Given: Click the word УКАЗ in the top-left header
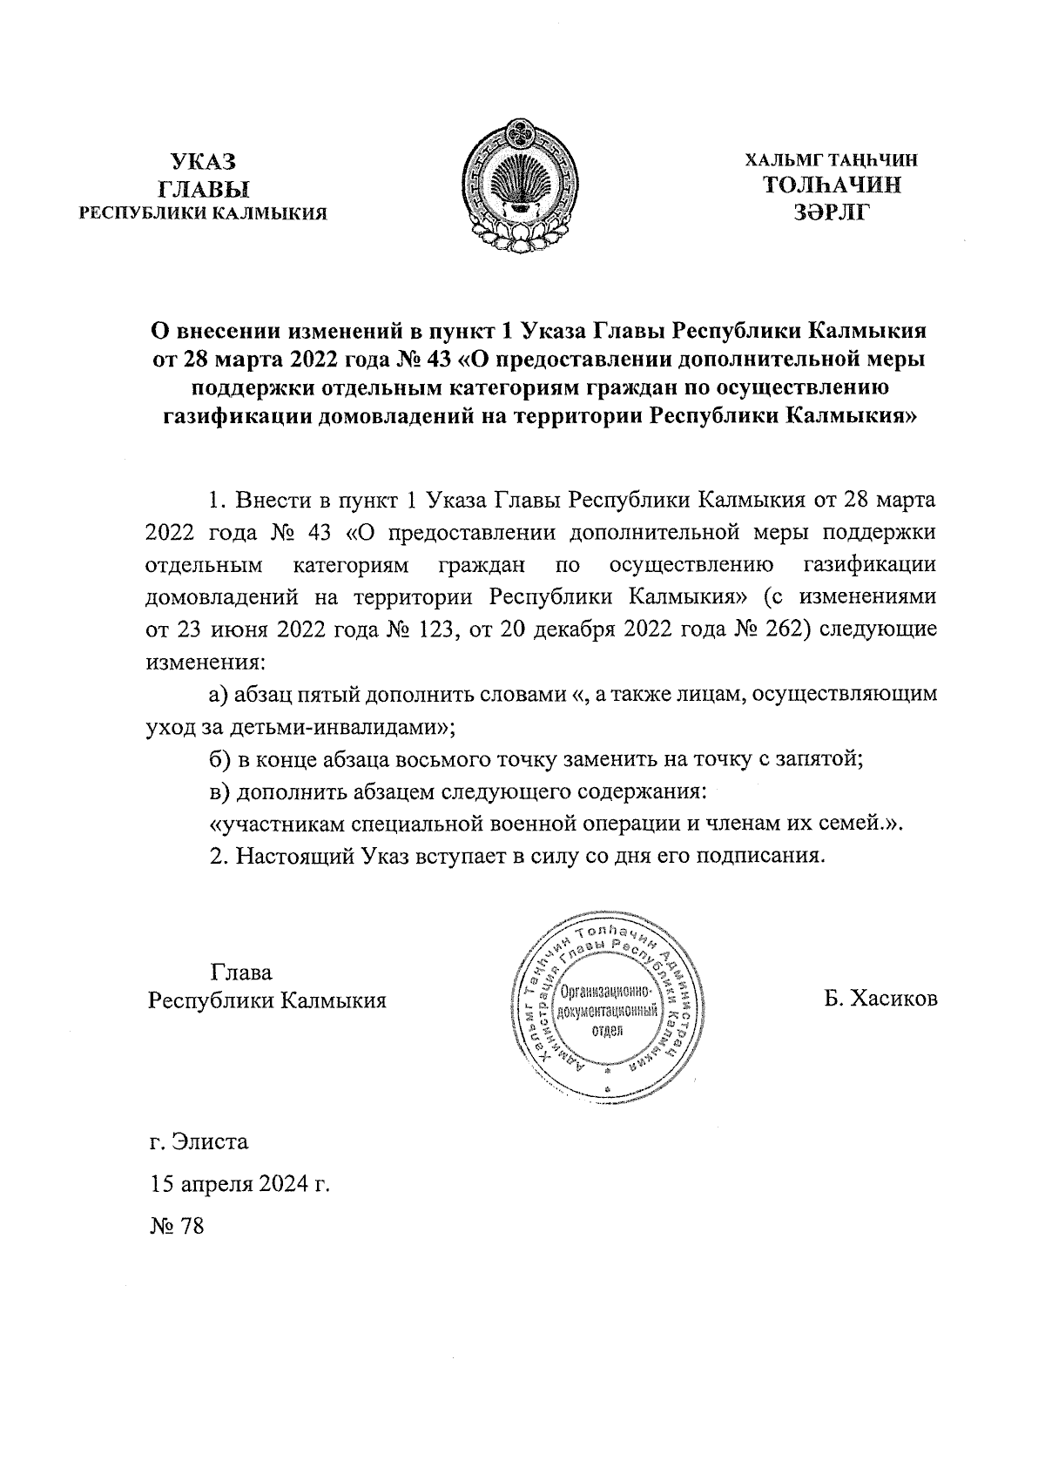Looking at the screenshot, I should pos(203,161).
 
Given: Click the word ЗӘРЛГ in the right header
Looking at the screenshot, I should pos(832,212).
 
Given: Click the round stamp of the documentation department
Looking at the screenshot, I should pos(607,1006).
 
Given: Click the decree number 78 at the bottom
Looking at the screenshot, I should pos(189,1227).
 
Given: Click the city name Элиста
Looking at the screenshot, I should pos(210,1141).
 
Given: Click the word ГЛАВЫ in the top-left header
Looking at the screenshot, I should pos(203,186).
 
